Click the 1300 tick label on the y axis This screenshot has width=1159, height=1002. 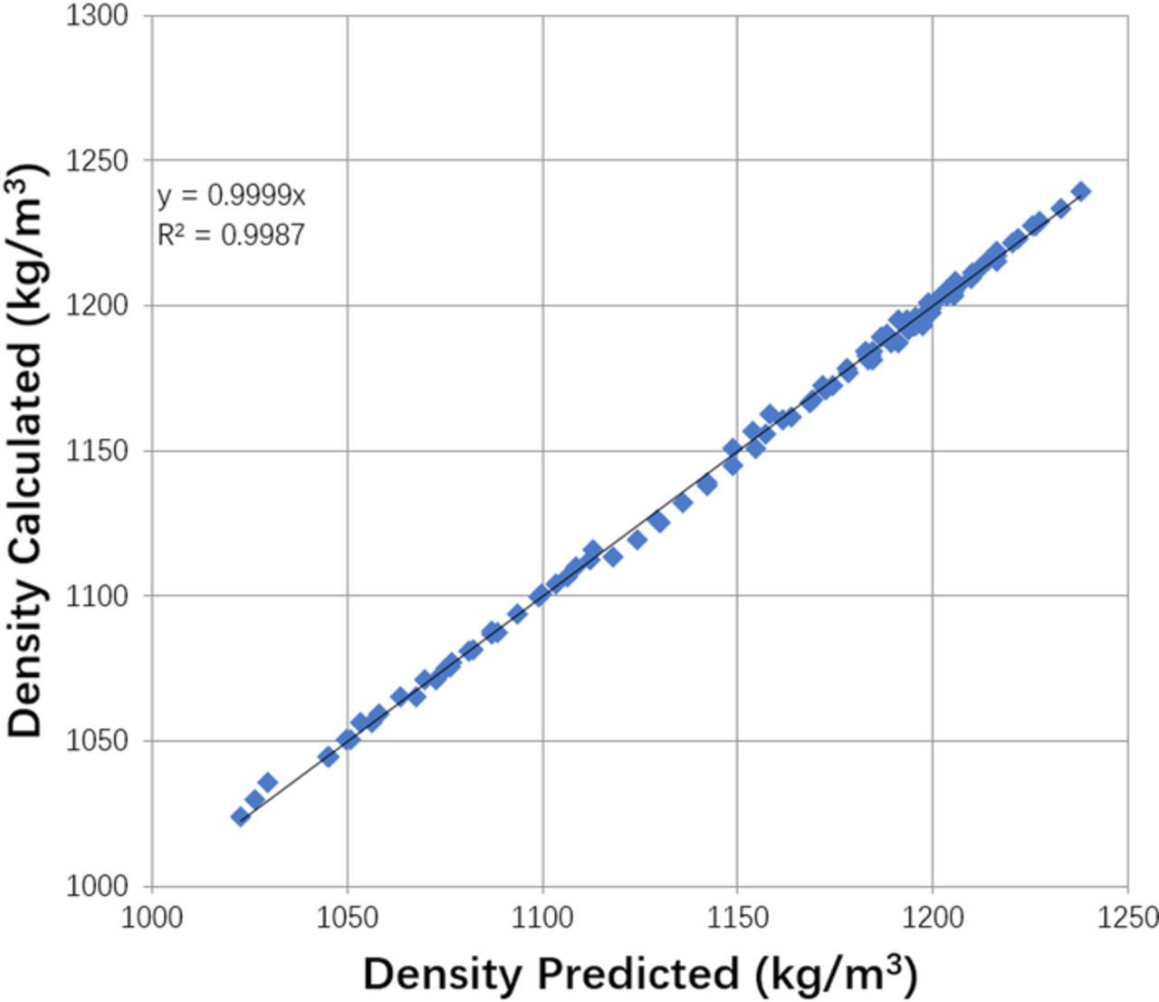(x=97, y=16)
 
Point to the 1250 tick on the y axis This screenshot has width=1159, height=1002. (x=97, y=161)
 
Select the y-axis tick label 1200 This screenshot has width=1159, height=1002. (x=97, y=306)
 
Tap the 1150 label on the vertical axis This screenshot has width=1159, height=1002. (x=97, y=451)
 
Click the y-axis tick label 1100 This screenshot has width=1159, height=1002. (x=97, y=596)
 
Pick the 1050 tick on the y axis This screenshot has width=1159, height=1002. (x=97, y=741)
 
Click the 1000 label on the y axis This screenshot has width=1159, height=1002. (x=97, y=886)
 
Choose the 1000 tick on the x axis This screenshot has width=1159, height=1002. (x=152, y=918)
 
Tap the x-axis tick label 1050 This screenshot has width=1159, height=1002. (x=347, y=918)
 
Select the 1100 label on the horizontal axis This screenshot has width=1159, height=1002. (x=542, y=918)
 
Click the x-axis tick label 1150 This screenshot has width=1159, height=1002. (x=737, y=918)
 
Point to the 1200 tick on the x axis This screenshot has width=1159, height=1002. (x=933, y=918)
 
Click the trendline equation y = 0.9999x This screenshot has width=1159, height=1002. (x=232, y=196)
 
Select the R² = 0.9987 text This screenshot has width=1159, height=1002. (x=232, y=236)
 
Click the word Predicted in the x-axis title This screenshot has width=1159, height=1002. (x=639, y=975)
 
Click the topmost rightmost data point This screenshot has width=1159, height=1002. (x=1081, y=191)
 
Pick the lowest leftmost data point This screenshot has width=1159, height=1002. (x=240, y=816)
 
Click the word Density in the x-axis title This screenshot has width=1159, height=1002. (x=444, y=975)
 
